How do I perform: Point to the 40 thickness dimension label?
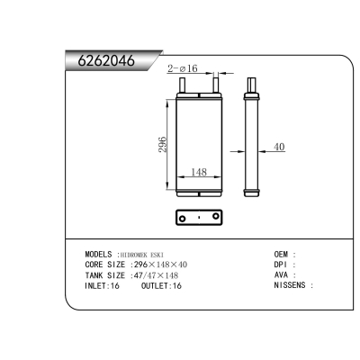tap(279, 148)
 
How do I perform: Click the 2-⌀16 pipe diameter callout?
tap(184, 67)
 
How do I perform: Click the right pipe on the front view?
tap(215, 85)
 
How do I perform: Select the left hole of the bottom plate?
tap(184, 219)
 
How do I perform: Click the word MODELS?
tap(98, 255)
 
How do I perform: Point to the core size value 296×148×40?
tap(160, 265)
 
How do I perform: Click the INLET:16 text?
tap(102, 285)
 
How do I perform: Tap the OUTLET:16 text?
tap(161, 285)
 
